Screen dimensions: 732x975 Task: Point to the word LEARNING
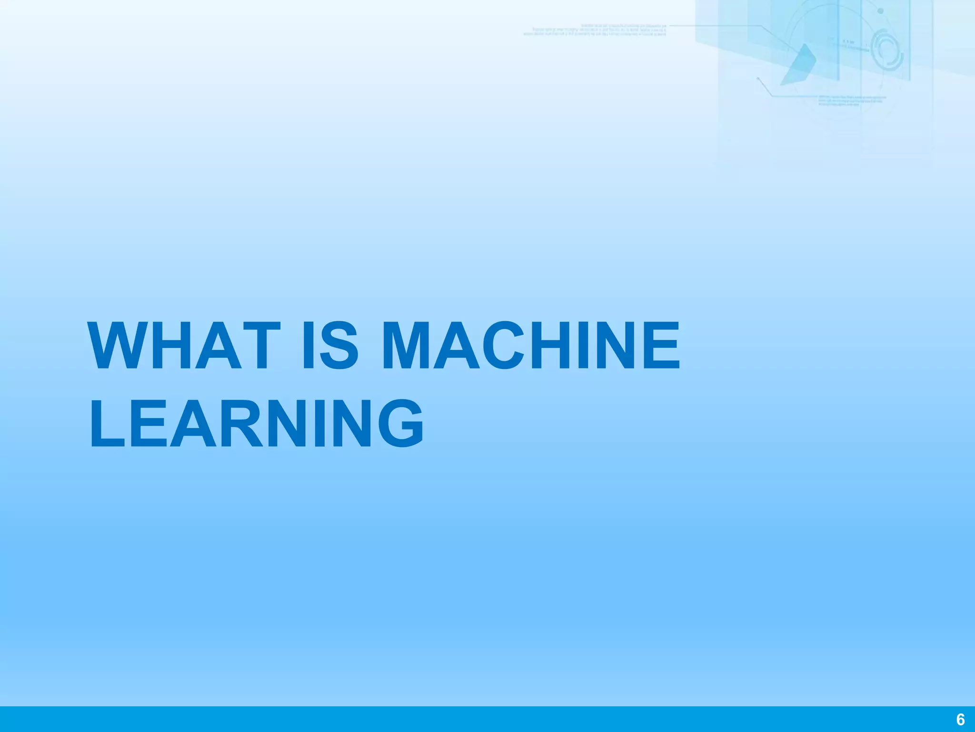(x=256, y=424)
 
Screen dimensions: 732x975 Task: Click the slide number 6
(x=960, y=719)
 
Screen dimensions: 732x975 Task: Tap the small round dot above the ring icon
(x=880, y=11)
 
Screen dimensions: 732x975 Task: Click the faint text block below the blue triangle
(x=852, y=100)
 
